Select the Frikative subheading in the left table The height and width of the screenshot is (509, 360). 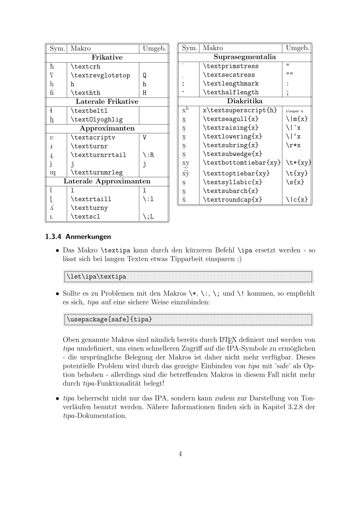(107, 57)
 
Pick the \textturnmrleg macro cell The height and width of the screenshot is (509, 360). (97, 172)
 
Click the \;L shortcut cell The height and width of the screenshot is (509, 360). (149, 216)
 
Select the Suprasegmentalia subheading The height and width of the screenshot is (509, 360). (245, 57)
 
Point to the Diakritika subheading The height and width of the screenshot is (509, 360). (245, 101)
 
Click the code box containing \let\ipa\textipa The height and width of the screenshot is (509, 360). (188, 276)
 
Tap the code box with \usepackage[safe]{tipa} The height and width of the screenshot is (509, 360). (188, 320)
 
